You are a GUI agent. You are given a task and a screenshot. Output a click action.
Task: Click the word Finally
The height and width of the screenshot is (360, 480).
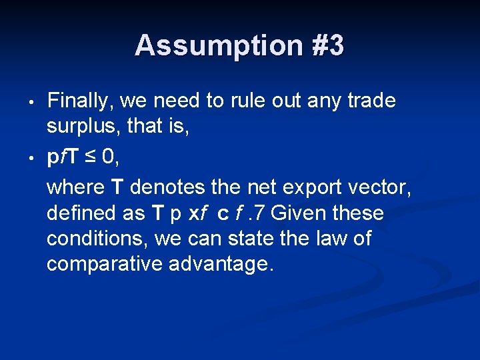(79, 101)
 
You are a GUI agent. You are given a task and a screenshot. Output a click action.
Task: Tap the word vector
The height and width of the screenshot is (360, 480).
(384, 187)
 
